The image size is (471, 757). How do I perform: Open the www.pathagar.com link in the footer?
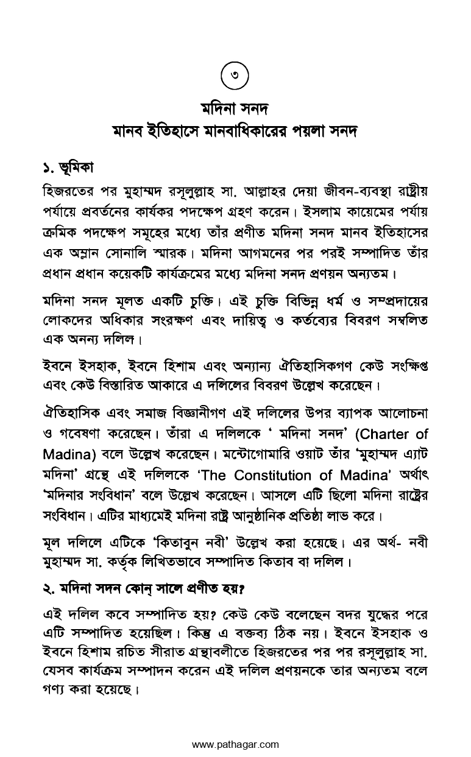235,744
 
